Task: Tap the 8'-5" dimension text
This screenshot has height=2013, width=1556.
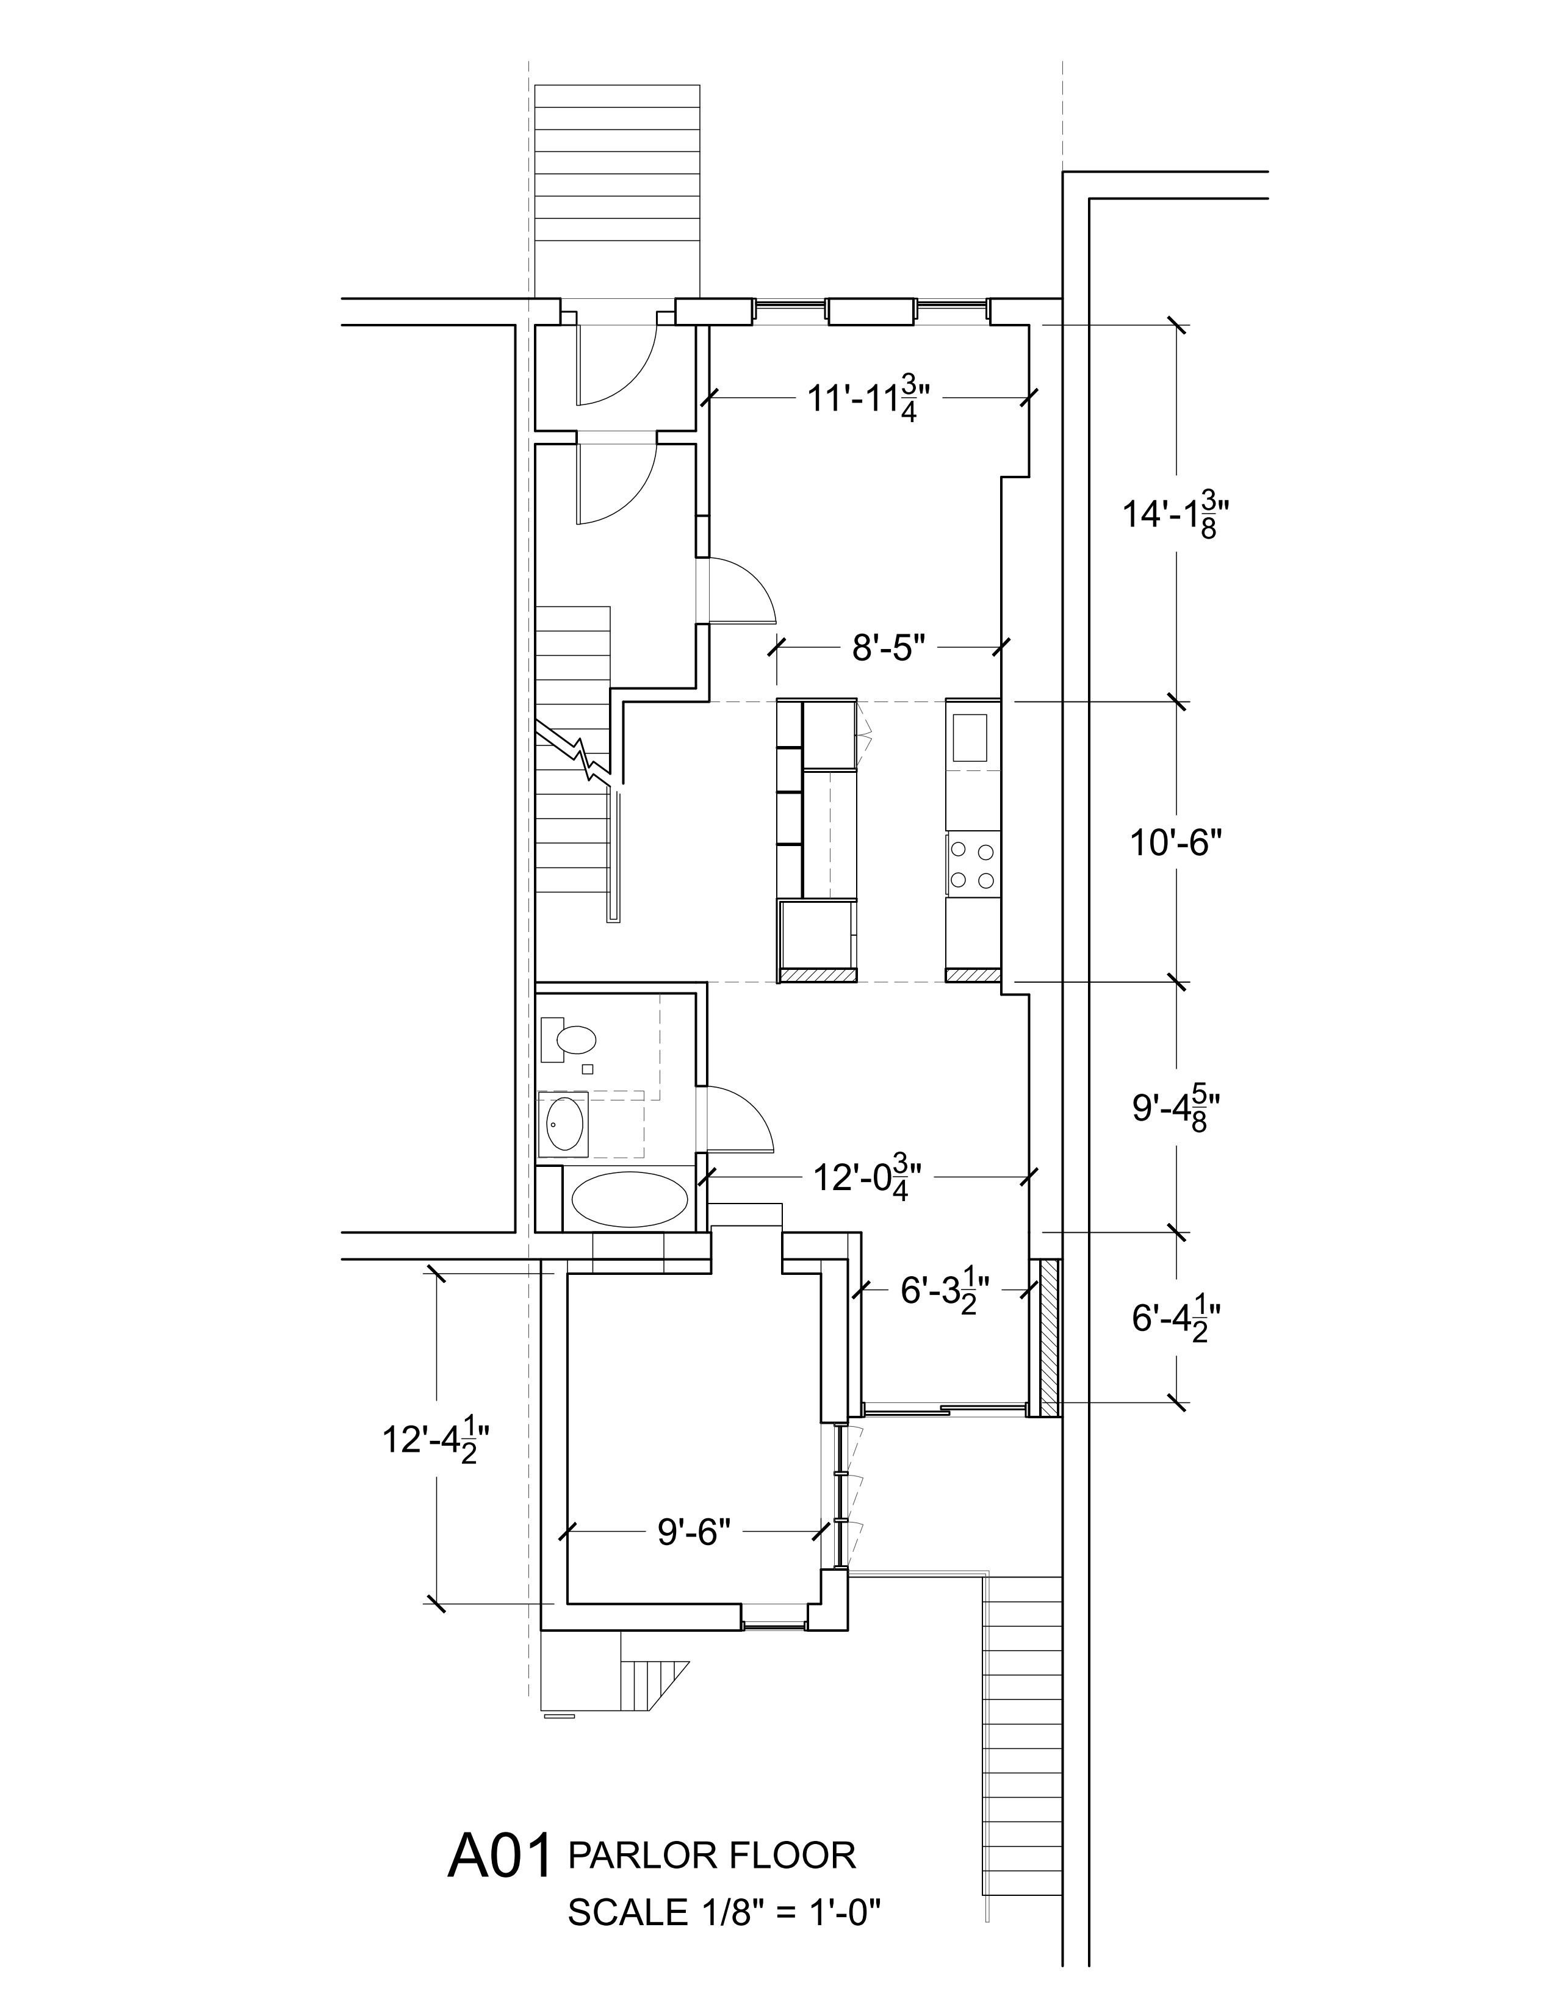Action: [x=888, y=648]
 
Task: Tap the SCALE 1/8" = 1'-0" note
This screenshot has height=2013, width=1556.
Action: [x=724, y=1912]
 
